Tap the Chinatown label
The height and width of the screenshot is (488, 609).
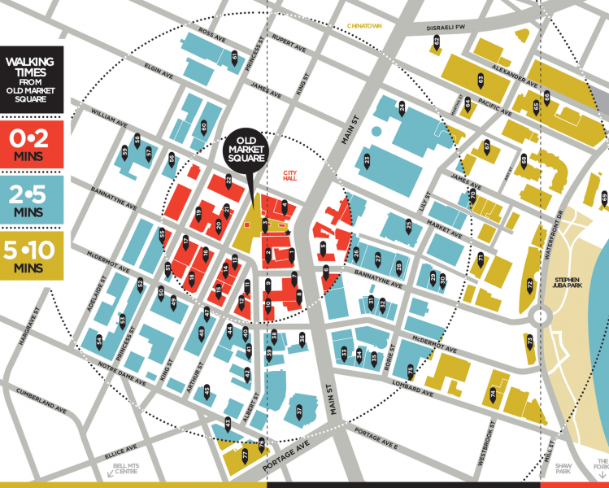pos(364,26)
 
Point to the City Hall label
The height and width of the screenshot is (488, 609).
pos(292,176)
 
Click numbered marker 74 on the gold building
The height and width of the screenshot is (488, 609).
pos(493,394)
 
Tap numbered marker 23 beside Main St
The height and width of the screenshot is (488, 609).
pos(368,161)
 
